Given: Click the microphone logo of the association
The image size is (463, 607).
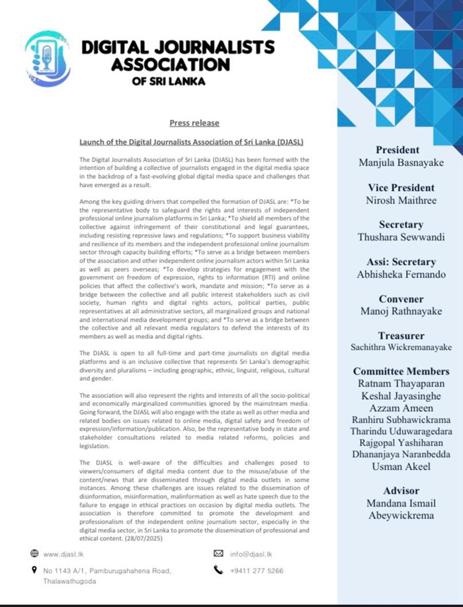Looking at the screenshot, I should pos(47,59).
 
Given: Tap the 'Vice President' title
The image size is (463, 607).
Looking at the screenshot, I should pos(398,187).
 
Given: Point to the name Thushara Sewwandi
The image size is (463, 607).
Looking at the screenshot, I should pos(398,237).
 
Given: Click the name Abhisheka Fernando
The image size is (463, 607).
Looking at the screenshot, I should pos(398,274).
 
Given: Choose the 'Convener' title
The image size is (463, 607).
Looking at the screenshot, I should pos(398,299).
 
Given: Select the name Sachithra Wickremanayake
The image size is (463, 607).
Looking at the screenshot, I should pos(398,347).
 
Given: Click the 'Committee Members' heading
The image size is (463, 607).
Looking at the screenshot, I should pos(401,371).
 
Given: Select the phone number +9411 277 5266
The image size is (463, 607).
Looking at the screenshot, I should pos(257,569).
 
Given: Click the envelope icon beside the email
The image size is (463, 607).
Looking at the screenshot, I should pos(219,553).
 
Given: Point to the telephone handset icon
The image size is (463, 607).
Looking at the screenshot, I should pos(218,569).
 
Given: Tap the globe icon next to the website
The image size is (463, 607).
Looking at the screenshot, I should pos(33,553).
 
